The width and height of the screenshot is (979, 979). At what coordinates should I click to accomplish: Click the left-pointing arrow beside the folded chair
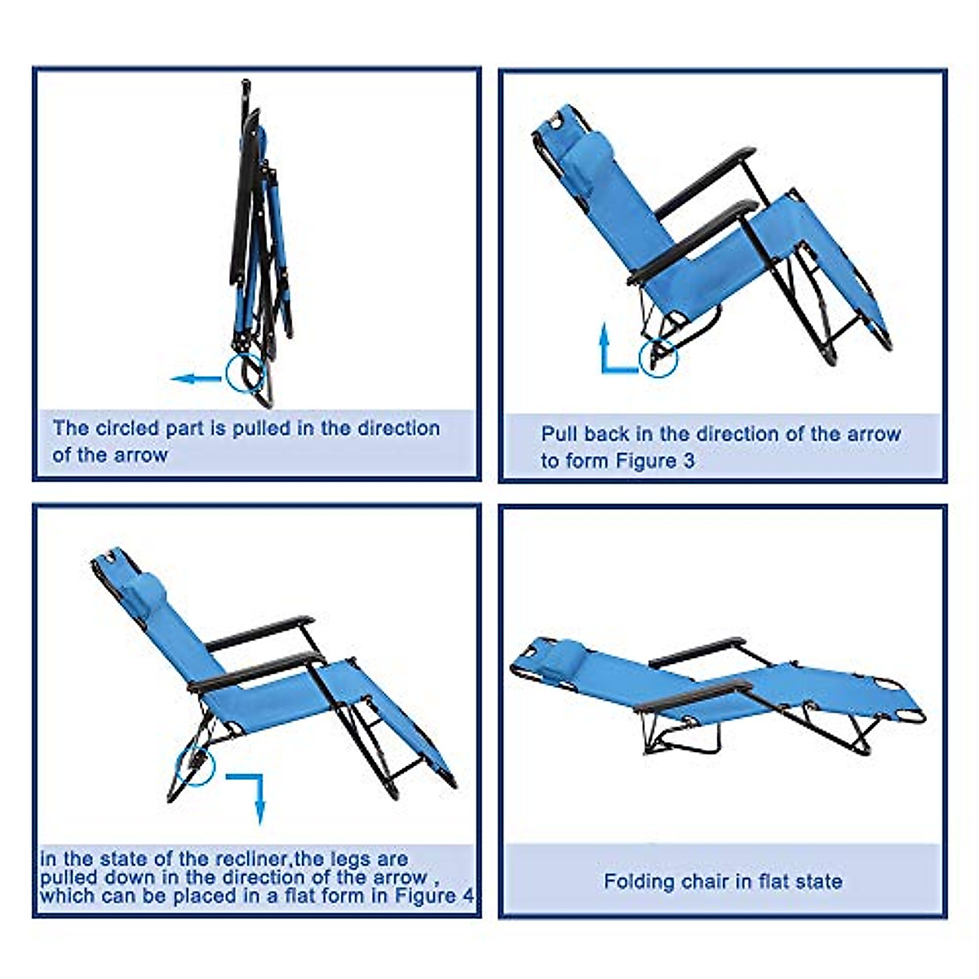(x=196, y=379)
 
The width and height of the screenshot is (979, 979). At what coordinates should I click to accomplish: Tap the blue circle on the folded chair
(x=246, y=374)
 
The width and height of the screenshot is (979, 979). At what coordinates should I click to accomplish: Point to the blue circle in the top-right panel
(x=658, y=357)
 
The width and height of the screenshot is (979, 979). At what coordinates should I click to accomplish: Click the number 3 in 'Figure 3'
(x=689, y=461)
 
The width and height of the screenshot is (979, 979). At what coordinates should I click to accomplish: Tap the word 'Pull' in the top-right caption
(x=559, y=434)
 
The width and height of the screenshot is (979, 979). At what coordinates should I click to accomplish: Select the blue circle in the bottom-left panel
(x=195, y=764)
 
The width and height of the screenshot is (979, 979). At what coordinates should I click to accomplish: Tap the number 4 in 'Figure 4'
(x=467, y=895)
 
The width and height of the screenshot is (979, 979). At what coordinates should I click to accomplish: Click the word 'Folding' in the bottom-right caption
(x=636, y=882)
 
